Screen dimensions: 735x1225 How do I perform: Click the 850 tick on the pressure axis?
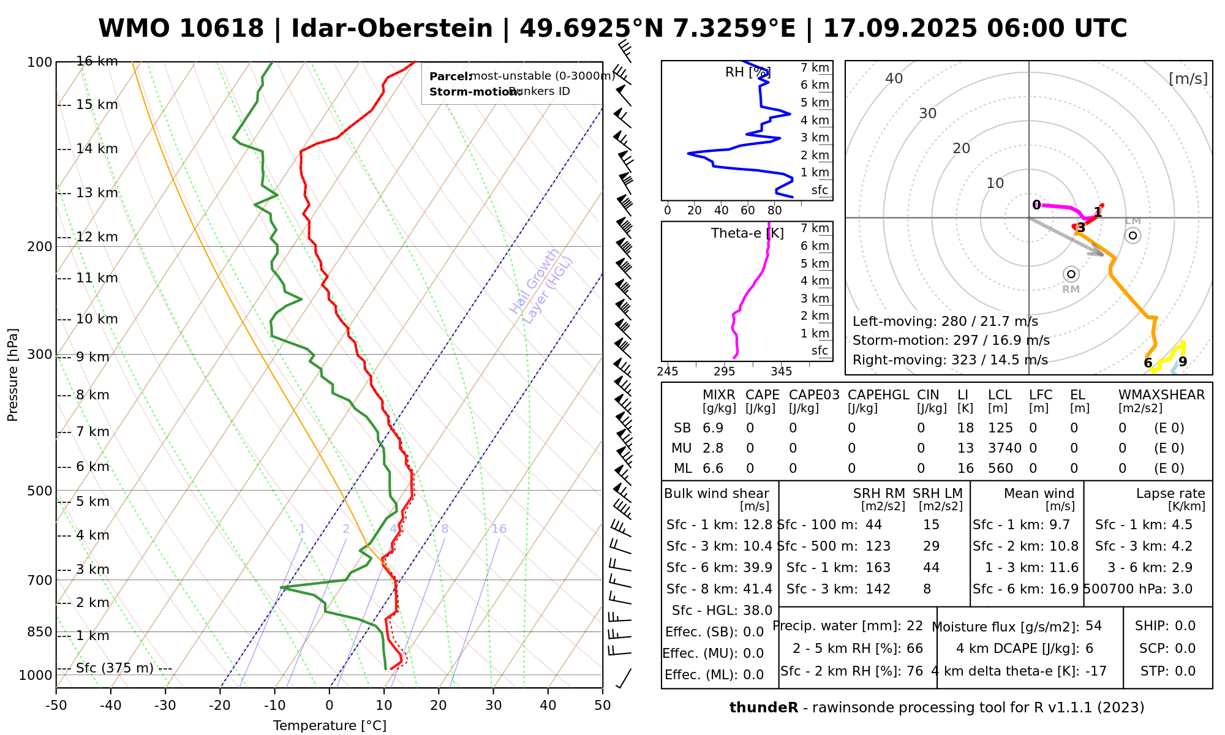click(40, 631)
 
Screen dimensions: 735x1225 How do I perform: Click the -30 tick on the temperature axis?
click(165, 706)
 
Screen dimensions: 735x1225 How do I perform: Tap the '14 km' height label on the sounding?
click(97, 149)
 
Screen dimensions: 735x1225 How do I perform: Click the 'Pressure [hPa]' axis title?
click(13, 375)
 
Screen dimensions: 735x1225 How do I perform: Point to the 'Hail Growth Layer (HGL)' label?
click(541, 285)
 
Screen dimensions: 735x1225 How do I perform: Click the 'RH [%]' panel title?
click(747, 72)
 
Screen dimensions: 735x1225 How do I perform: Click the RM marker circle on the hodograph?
click(1071, 274)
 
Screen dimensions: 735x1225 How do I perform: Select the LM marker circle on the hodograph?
click(1133, 235)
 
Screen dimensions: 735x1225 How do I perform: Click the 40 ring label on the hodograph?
click(894, 78)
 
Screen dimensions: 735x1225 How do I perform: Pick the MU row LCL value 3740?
click(1005, 448)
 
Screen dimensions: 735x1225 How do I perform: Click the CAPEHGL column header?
click(878, 395)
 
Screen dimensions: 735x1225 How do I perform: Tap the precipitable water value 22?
click(914, 626)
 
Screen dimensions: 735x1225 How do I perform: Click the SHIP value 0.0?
click(1185, 626)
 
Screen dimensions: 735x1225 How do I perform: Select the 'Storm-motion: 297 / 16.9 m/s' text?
click(951, 341)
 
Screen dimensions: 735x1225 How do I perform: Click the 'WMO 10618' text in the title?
click(181, 29)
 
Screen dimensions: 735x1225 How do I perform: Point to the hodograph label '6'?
click(1148, 363)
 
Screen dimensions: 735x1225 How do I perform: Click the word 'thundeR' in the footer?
click(763, 708)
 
